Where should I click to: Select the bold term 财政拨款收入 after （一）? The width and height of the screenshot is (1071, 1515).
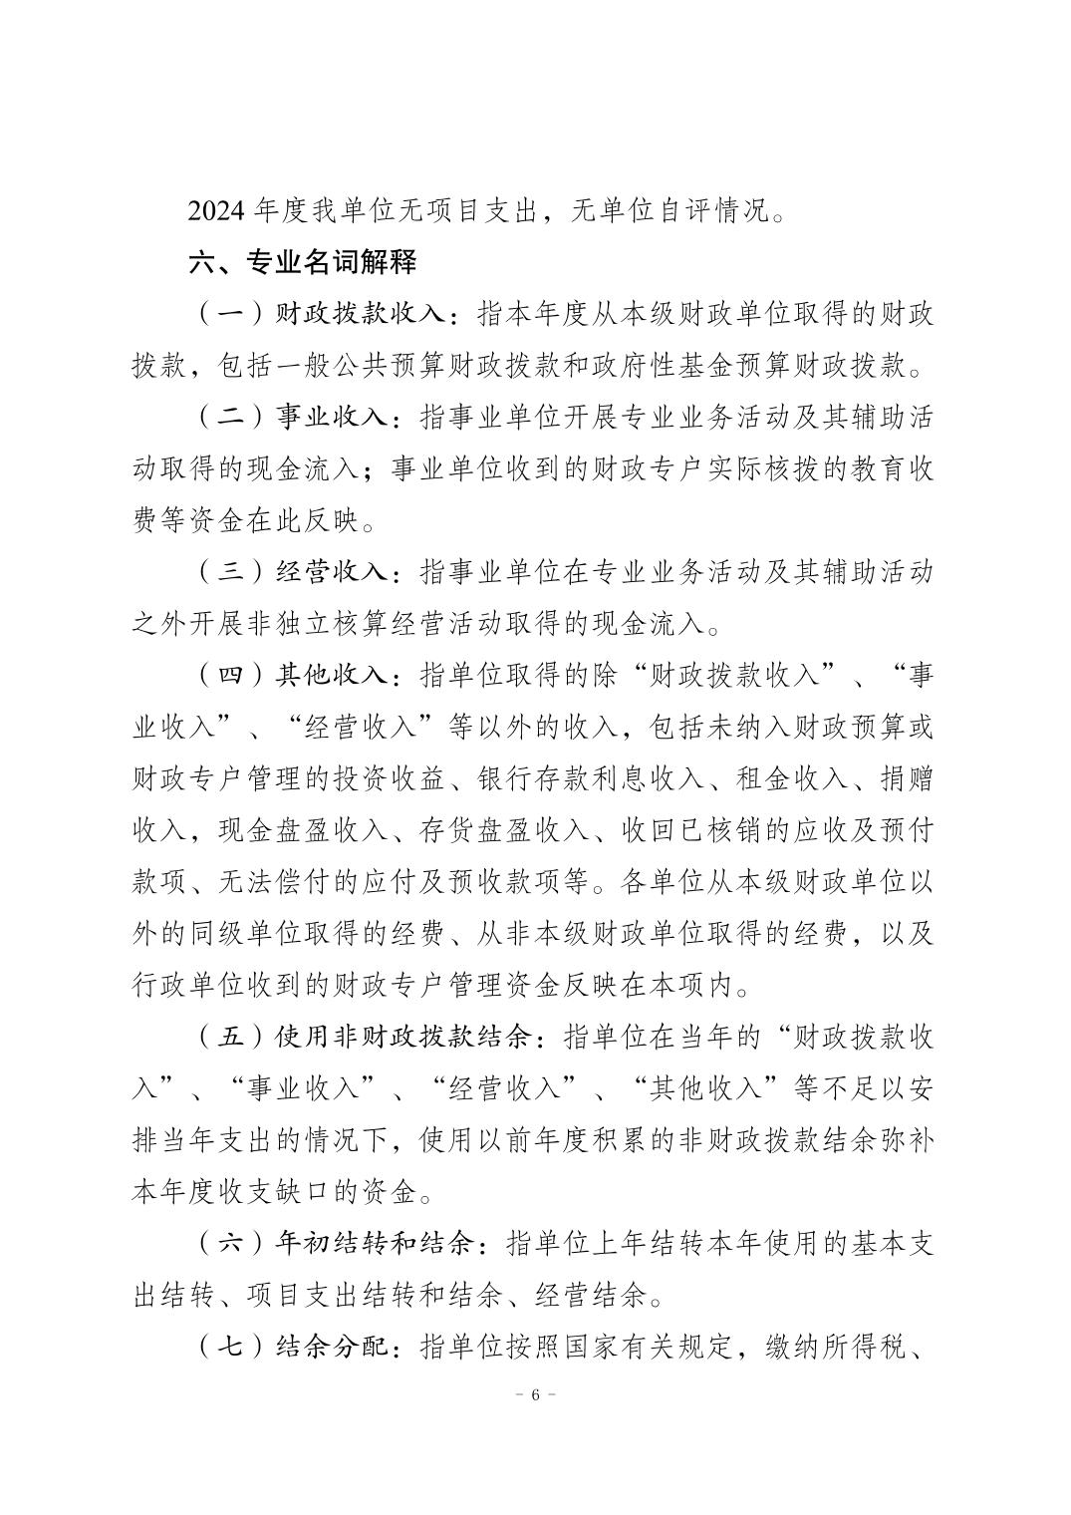point(359,315)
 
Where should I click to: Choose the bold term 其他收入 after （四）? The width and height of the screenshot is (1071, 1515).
point(331,676)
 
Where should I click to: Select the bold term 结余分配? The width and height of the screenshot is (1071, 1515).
point(331,1348)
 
